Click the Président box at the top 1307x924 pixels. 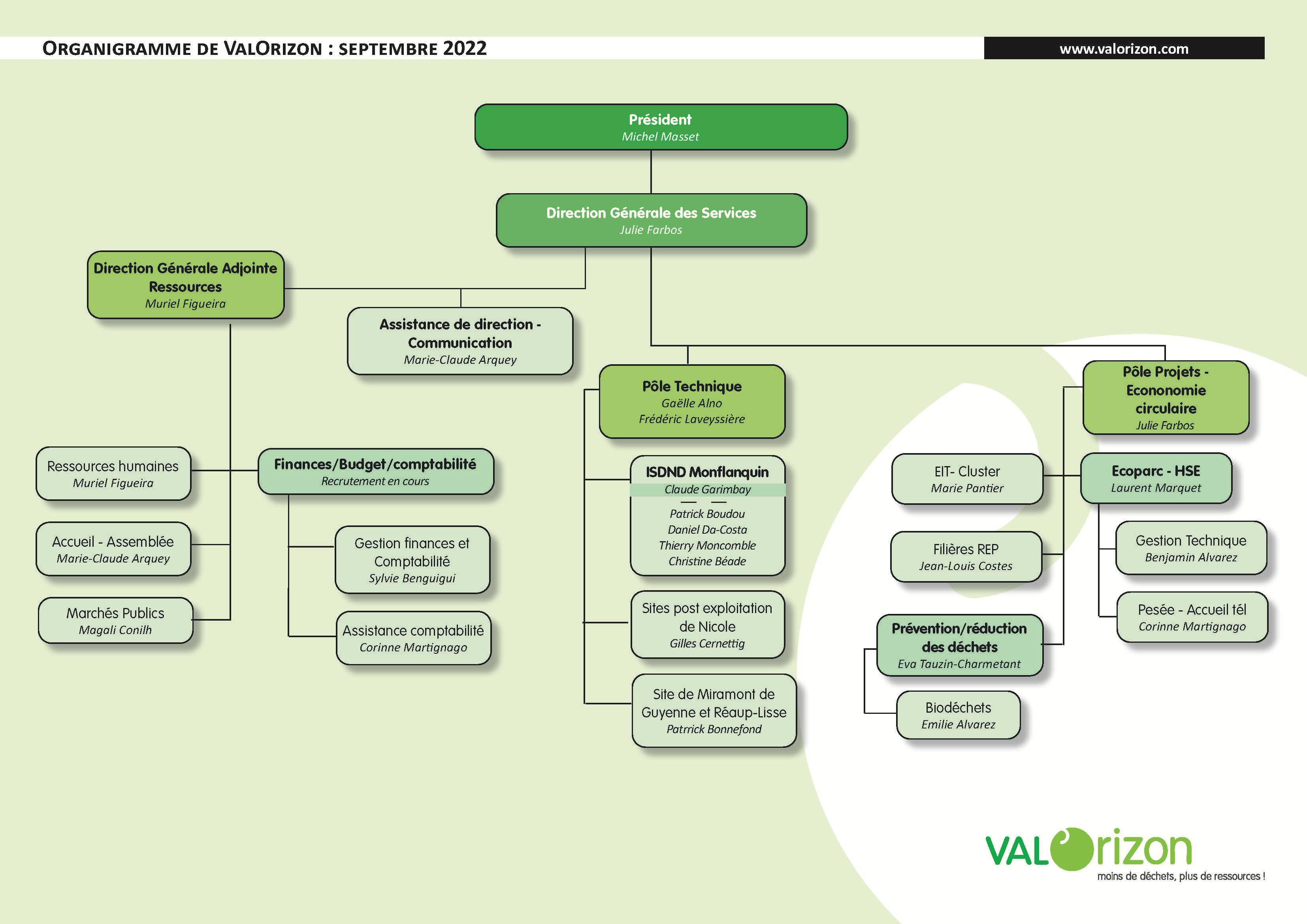tap(660, 127)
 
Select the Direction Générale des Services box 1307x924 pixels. tap(651, 220)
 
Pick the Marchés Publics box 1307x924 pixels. tap(115, 621)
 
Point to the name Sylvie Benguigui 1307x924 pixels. tap(412, 578)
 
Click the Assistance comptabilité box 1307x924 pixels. tap(413, 638)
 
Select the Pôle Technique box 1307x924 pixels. tap(692, 402)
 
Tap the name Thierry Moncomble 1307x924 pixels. tap(707, 546)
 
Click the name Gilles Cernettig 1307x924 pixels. tap(707, 644)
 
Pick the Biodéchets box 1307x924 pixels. tap(958, 715)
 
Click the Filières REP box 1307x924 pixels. tap(966, 557)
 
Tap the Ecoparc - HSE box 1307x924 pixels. tap(1156, 478)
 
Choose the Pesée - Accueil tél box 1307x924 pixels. tap(1192, 617)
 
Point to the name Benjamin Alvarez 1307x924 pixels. tap(1191, 557)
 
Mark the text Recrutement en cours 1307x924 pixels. tap(375, 481)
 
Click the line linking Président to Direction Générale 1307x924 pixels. tap(651, 172)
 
